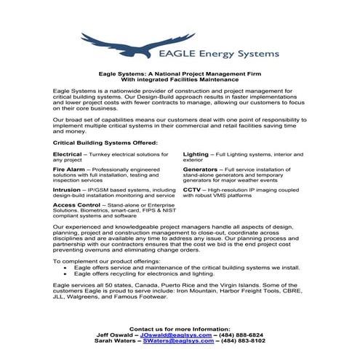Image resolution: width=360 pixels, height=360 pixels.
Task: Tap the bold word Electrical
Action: tap(68, 155)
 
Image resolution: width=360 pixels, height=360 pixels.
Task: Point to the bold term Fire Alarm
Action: tap(69, 169)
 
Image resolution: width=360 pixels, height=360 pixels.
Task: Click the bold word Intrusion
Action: tap(67, 189)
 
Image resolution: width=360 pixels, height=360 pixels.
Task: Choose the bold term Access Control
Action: tap(76, 205)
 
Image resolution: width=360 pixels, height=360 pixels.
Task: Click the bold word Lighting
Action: tap(196, 155)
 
